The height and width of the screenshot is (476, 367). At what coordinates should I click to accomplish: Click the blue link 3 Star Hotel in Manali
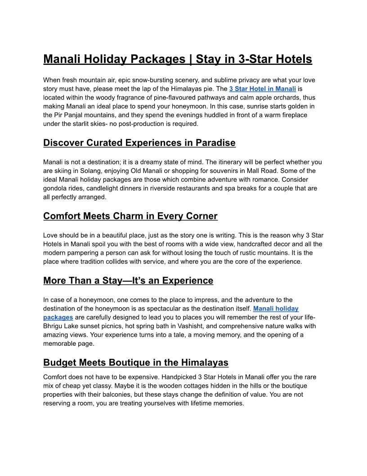[262, 89]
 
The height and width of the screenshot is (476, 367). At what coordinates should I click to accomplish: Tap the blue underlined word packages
[58, 317]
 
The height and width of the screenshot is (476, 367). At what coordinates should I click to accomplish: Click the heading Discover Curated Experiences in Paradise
[139, 143]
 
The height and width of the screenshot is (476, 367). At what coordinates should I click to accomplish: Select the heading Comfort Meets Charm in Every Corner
[130, 216]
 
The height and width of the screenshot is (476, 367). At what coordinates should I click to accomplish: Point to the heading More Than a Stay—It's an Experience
[128, 280]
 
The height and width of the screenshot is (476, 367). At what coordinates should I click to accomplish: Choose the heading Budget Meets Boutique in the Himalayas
[135, 362]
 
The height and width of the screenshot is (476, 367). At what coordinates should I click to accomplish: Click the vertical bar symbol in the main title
[190, 59]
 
